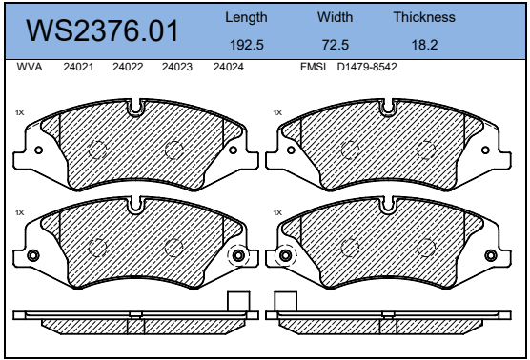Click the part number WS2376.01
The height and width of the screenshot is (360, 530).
(x=102, y=30)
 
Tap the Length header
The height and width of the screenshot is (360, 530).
(x=246, y=17)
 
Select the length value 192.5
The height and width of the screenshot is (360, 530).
(x=246, y=45)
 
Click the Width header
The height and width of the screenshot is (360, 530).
(x=335, y=17)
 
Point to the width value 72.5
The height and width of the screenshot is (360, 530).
(x=335, y=45)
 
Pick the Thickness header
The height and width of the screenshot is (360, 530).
(x=424, y=17)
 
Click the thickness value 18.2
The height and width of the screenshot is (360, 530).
(x=424, y=45)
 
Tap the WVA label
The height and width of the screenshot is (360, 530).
(x=30, y=67)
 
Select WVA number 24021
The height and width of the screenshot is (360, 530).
(x=78, y=67)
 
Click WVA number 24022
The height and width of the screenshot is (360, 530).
(x=128, y=67)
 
